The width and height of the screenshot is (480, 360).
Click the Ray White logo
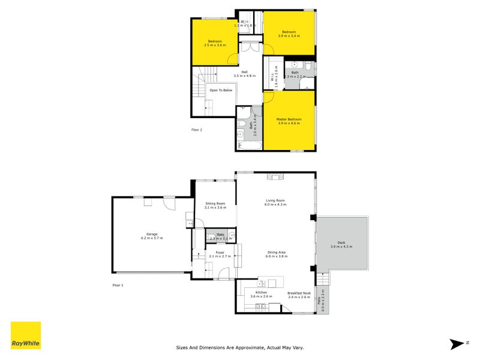pyautogui.click(x=26, y=335)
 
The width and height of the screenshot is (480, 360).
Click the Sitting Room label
pyautogui.click(x=215, y=205)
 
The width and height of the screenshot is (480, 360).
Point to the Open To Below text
pyautogui.click(x=220, y=90)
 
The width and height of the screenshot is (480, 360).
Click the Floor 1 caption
pyautogui.click(x=118, y=285)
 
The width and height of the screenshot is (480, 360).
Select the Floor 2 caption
pyautogui.click(x=197, y=130)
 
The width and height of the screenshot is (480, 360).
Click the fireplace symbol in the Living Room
pyautogui.click(x=275, y=176)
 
